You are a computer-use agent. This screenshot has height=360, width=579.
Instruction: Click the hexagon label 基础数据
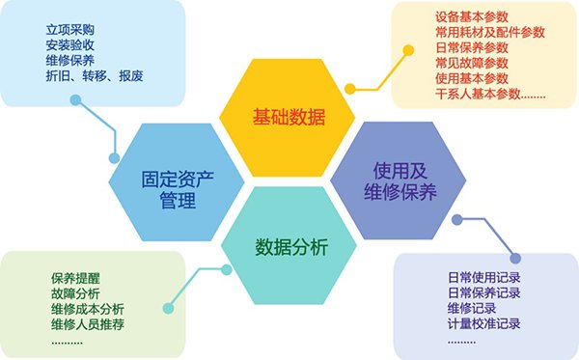pos(289,117)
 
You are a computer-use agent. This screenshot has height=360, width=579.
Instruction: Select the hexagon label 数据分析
pos(291,247)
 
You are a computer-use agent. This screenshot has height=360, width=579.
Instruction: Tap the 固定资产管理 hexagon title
pos(178,190)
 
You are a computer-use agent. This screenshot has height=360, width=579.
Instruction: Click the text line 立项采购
pos(70,30)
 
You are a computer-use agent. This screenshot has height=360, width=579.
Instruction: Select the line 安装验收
pos(70,45)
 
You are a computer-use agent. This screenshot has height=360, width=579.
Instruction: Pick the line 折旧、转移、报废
pos(95,75)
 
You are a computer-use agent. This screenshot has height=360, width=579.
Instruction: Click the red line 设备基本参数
pos(472,16)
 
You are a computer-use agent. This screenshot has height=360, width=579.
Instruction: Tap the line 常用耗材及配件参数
pos(490,32)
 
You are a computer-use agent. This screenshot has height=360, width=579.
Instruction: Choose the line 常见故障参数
pos(472,63)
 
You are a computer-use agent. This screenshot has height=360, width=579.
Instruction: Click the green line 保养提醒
pos(75,278)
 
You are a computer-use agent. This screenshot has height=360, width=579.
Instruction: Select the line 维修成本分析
pos(88,309)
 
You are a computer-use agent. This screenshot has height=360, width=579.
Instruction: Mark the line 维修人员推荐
pos(88,324)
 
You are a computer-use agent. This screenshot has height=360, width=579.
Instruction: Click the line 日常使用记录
pos(484,277)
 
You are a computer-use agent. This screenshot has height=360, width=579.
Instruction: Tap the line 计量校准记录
pos(484,324)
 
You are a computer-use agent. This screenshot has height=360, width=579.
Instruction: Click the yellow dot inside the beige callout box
pos(408,50)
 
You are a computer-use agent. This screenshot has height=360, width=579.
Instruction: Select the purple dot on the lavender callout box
pos(516,258)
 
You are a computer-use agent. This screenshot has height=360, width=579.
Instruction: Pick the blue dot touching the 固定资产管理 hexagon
pos(115,158)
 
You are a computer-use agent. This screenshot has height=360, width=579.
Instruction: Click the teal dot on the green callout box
pos(168,308)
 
